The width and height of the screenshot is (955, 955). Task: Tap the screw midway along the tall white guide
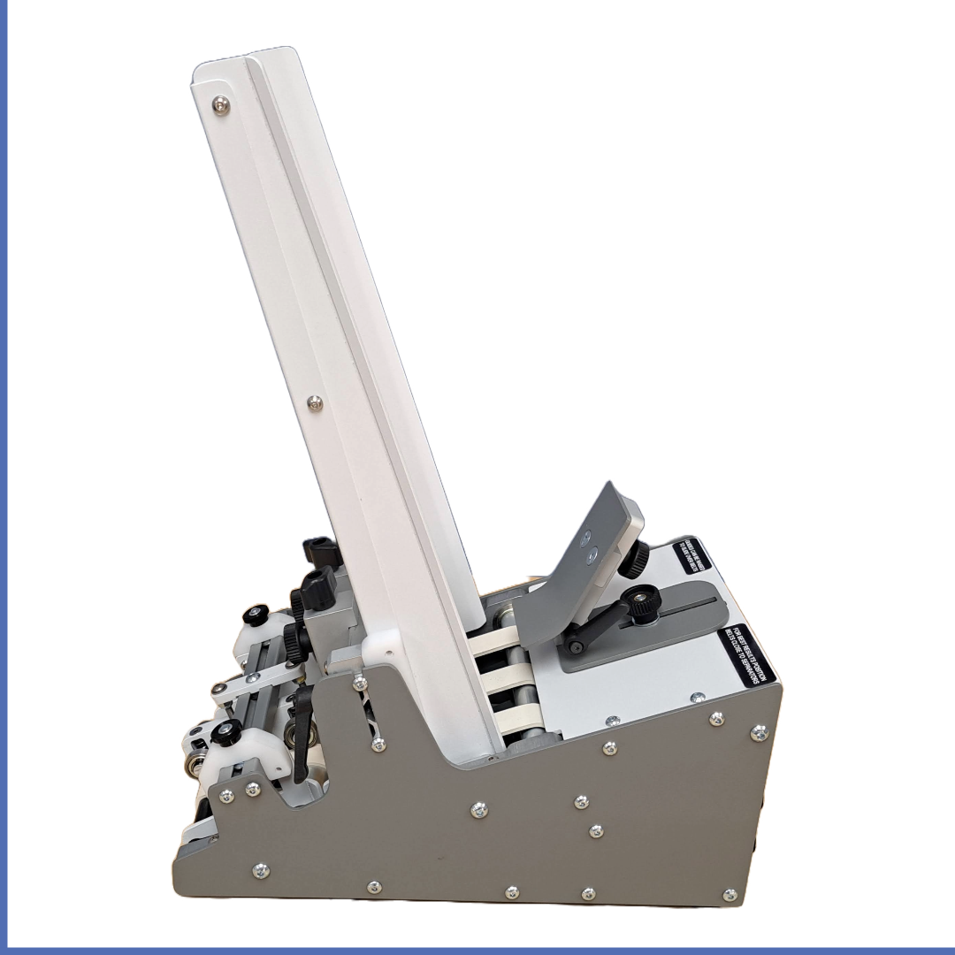coord(314,403)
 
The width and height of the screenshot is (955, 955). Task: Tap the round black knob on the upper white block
coord(259,613)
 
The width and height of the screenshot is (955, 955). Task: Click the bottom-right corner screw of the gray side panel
coord(729,895)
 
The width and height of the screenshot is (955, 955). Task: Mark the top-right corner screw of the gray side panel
coord(759,732)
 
